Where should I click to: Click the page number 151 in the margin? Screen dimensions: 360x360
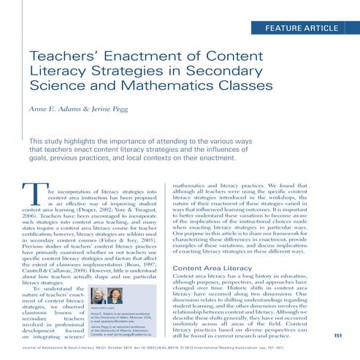point(338,335)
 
